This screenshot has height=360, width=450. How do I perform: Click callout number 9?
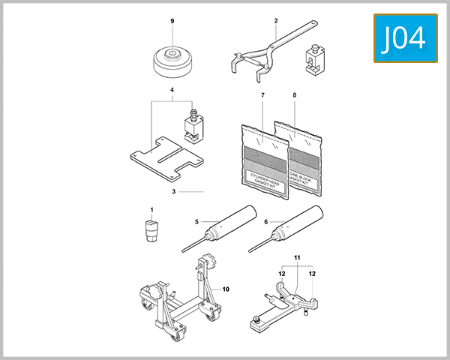(x=172, y=22)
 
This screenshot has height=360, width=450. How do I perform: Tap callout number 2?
(x=275, y=21)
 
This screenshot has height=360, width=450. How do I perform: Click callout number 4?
(x=172, y=91)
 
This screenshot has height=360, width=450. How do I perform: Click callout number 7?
(x=263, y=96)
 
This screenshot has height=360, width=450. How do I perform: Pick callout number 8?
(x=294, y=96)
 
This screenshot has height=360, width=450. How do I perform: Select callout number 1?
(x=151, y=209)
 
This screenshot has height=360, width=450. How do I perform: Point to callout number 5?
(x=196, y=221)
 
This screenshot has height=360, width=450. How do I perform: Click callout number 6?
(x=266, y=221)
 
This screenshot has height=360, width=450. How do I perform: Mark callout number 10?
(x=225, y=289)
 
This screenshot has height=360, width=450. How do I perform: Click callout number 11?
(x=296, y=258)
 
